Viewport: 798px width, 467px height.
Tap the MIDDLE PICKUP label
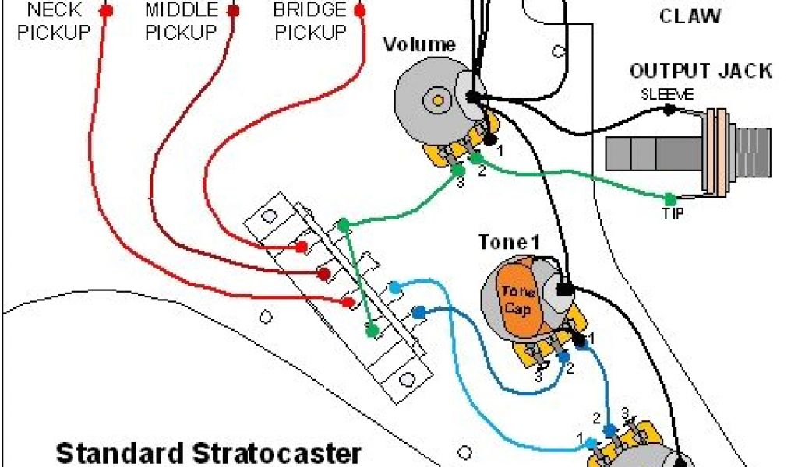point(181,22)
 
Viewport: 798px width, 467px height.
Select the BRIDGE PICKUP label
point(309,22)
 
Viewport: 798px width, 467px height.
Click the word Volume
point(418,44)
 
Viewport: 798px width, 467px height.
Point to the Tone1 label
point(509,242)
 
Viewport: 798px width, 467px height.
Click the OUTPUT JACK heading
point(701,71)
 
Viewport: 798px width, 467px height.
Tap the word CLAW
point(690,16)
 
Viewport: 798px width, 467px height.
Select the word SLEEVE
point(662,94)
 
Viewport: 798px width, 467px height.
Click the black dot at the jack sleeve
point(669,111)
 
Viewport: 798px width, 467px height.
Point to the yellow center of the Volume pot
point(437,100)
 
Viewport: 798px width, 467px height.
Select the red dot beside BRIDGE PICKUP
point(359,11)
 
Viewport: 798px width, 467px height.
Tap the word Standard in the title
point(115,453)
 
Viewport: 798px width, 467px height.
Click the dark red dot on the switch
point(322,274)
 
